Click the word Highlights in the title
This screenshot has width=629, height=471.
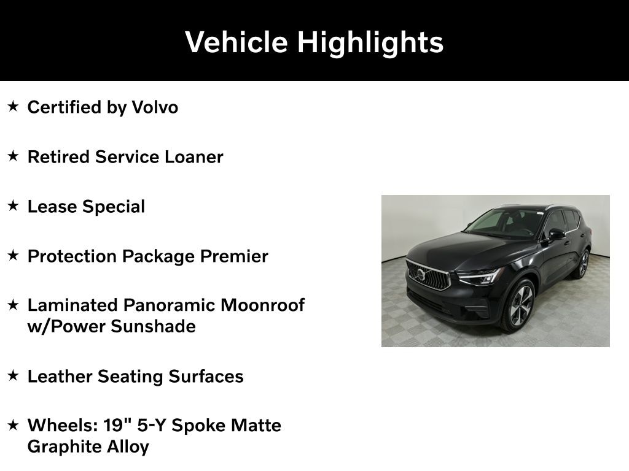coord(370,43)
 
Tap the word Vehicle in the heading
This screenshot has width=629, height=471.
coord(236,42)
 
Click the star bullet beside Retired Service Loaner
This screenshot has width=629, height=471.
coord(13,156)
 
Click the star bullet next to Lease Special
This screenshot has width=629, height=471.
coord(13,206)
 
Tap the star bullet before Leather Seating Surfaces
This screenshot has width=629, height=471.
coord(13,375)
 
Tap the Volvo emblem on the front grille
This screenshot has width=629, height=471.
coord(421,274)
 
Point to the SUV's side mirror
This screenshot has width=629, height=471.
coord(556,234)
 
